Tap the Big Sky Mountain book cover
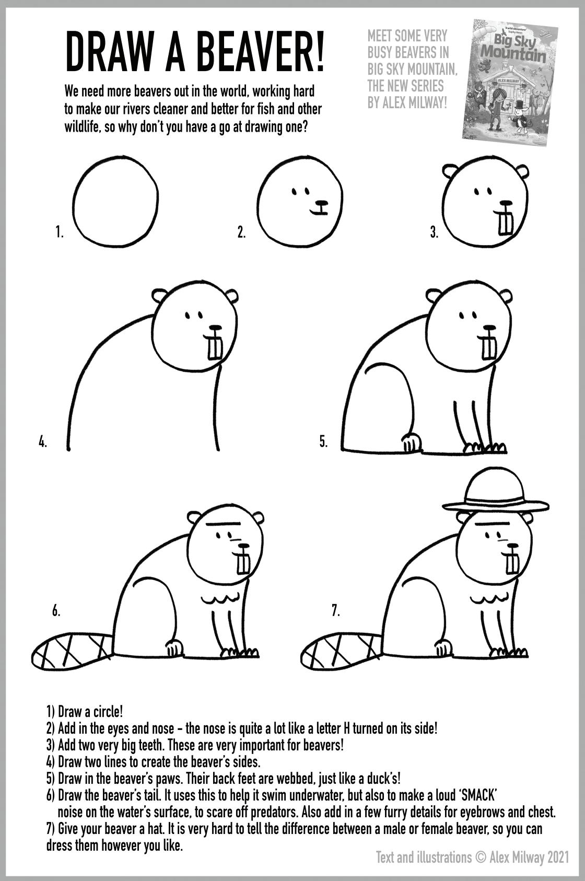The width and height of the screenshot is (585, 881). click(x=509, y=83)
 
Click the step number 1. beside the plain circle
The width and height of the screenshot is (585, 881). click(x=60, y=231)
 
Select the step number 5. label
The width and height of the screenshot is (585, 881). click(x=323, y=442)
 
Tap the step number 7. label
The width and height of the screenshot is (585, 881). click(x=335, y=611)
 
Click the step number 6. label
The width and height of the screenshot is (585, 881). click(x=56, y=611)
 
